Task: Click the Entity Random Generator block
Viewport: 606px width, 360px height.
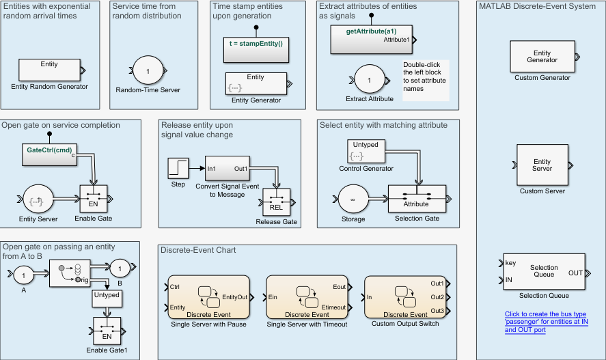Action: [x=49, y=70]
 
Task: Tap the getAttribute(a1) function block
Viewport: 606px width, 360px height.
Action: [x=372, y=40]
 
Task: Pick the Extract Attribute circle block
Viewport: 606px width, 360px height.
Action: [x=370, y=80]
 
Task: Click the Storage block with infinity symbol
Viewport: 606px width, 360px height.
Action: [x=353, y=200]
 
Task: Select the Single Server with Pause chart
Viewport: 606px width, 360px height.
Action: [x=208, y=296]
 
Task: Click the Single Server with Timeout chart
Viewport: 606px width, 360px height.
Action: [x=307, y=296]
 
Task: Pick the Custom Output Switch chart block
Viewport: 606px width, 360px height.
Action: [x=405, y=296]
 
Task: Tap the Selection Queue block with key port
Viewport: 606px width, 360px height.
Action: [x=544, y=273]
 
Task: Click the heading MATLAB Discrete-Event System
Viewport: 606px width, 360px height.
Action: [x=536, y=7]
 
